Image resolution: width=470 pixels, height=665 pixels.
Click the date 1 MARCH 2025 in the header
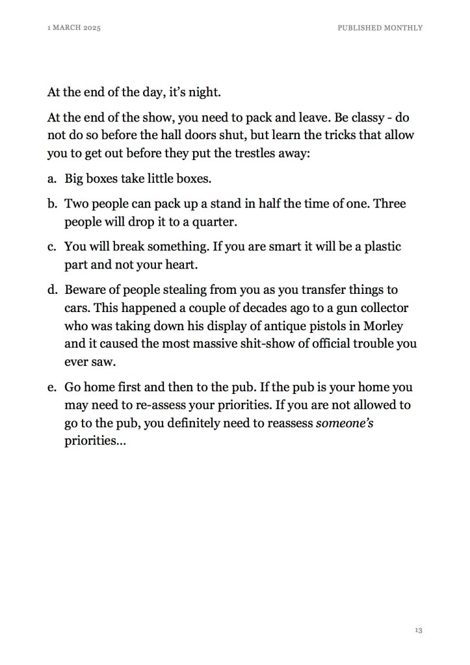(x=74, y=28)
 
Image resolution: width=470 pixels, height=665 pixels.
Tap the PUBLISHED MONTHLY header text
(x=380, y=28)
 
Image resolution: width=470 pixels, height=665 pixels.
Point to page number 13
(x=418, y=630)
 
